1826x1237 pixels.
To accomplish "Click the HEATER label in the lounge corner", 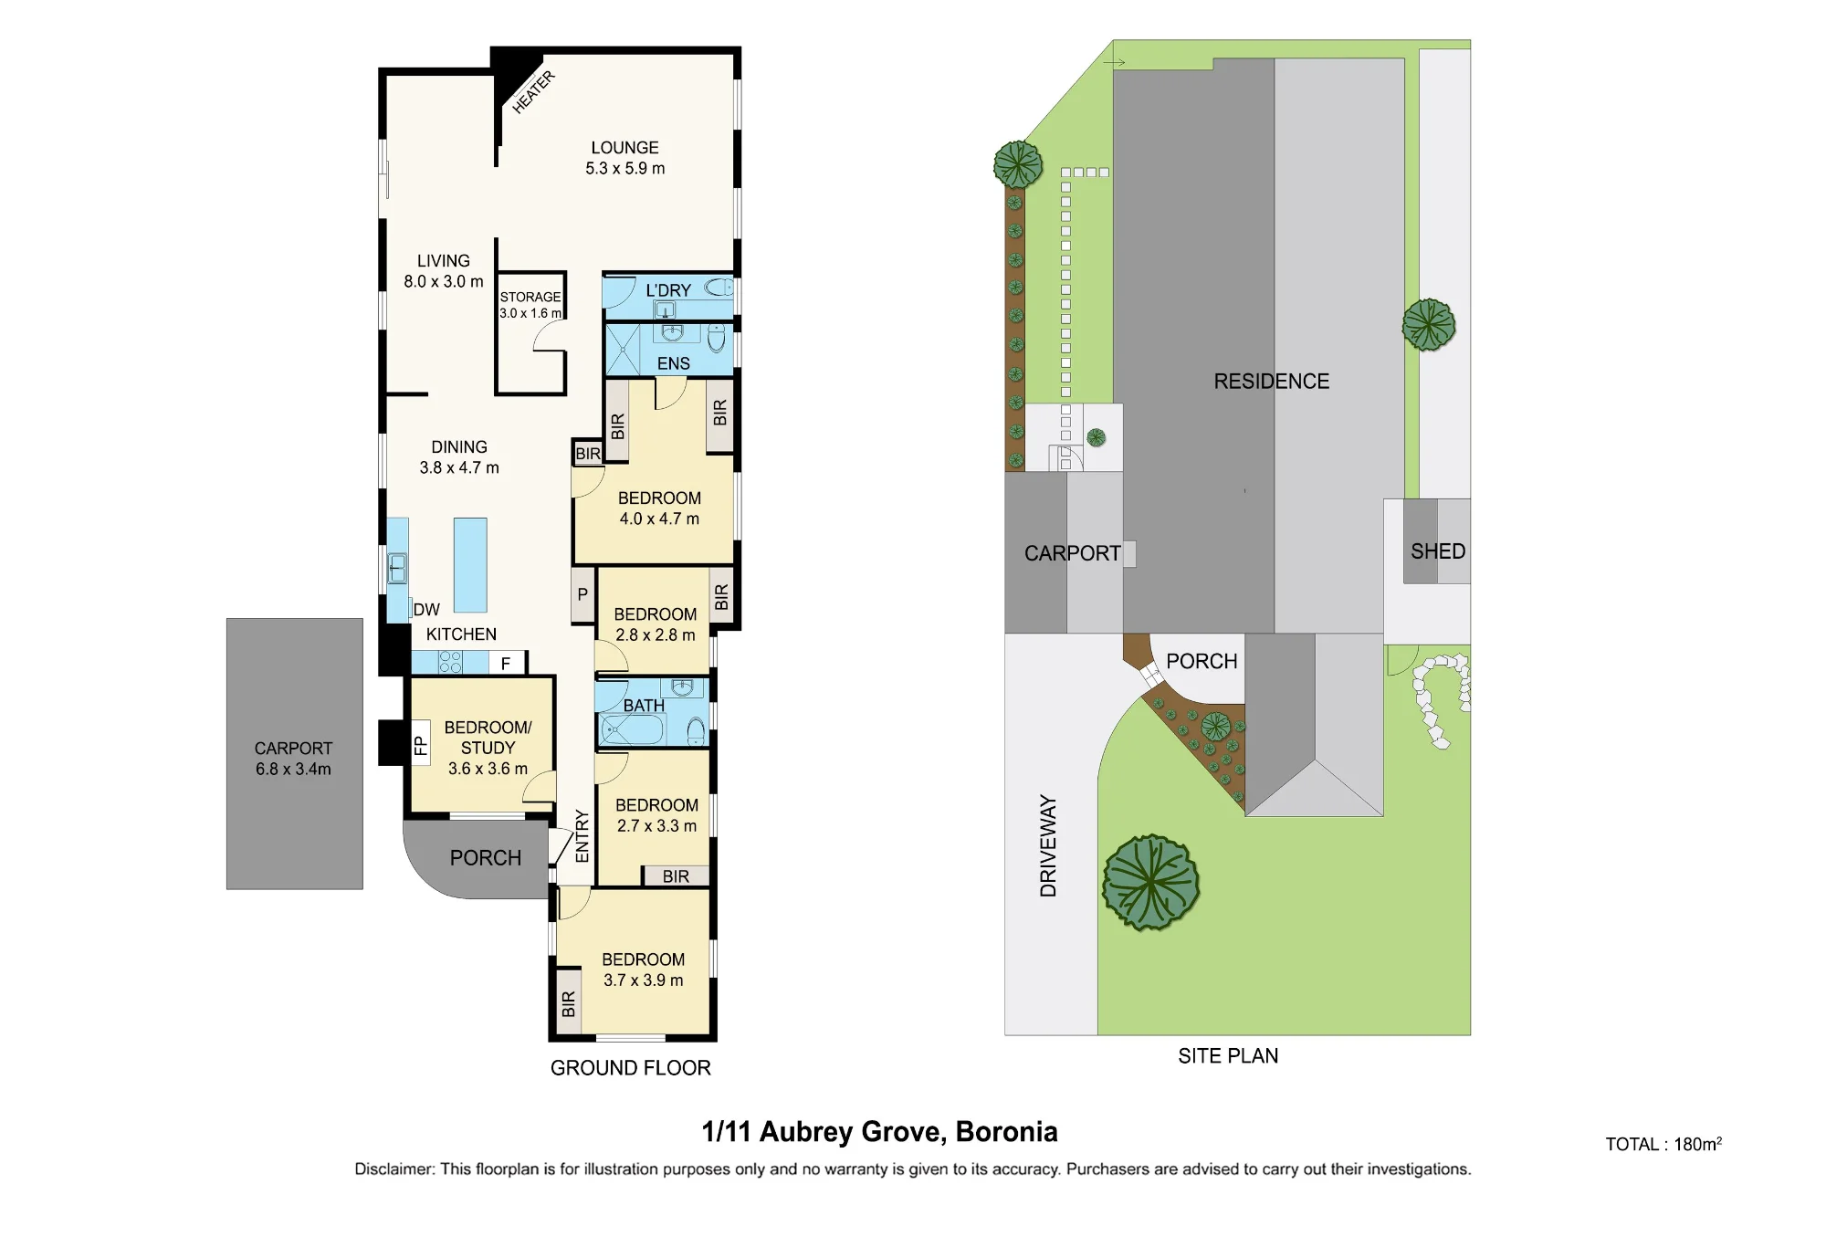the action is [533, 92].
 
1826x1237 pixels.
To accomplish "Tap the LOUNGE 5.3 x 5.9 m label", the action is [625, 158].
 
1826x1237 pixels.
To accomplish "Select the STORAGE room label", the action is [530, 297].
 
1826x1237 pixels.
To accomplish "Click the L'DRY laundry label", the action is [668, 290].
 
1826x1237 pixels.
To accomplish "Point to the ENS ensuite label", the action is [674, 363].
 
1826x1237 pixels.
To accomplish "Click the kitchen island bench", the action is [470, 565].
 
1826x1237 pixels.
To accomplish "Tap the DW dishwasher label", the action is [426, 610].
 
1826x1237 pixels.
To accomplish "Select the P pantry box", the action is [583, 595].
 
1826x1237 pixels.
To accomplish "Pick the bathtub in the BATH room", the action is [632, 730].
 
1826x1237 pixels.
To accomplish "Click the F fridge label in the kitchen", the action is [506, 664].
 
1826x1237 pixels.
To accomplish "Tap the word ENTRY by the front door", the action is [582, 836].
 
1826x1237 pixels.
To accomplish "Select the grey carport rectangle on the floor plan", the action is [295, 754].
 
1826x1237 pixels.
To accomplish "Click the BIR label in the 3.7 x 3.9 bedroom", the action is [569, 1003].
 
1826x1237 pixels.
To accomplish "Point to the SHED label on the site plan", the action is [1438, 551].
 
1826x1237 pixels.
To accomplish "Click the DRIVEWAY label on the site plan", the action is [1048, 846].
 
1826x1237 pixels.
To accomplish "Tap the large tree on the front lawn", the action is [1150, 883].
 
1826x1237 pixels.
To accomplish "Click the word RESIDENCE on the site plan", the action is [1272, 382].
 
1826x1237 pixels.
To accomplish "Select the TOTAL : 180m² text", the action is [1663, 1144].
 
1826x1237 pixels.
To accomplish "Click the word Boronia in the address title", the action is [1006, 1132].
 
